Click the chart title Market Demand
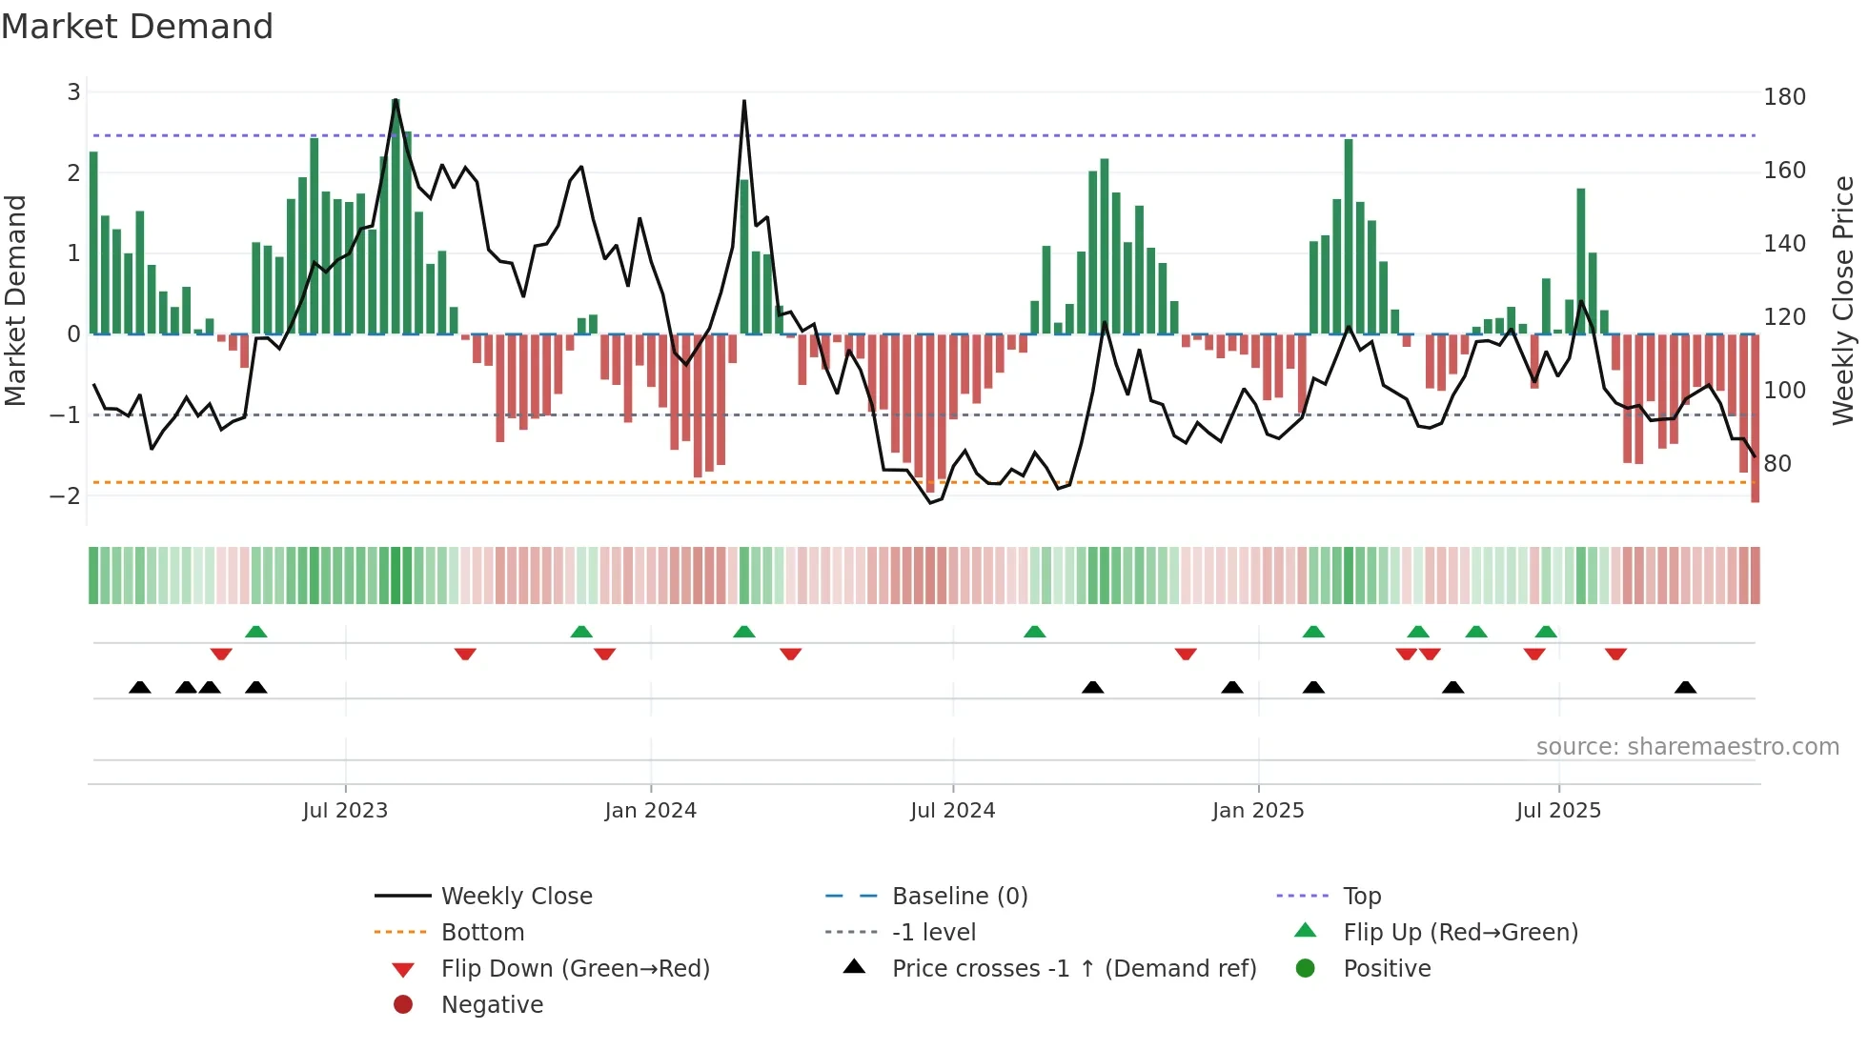point(137,26)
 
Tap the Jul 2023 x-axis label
point(345,810)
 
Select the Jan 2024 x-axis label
point(650,810)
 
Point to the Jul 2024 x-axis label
point(952,810)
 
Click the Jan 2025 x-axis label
point(1258,810)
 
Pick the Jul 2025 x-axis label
point(1558,810)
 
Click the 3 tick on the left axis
point(73,92)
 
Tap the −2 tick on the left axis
point(66,495)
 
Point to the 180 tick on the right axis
point(1784,97)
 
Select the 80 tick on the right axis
point(1777,464)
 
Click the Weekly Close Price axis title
point(1843,300)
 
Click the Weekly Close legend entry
point(516,896)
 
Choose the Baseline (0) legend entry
point(959,896)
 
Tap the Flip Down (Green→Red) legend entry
point(575,968)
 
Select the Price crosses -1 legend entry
point(1073,968)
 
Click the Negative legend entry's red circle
point(403,1004)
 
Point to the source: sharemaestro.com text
point(1687,746)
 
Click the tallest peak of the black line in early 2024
point(744,102)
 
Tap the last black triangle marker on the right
point(1685,688)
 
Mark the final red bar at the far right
point(1755,419)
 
